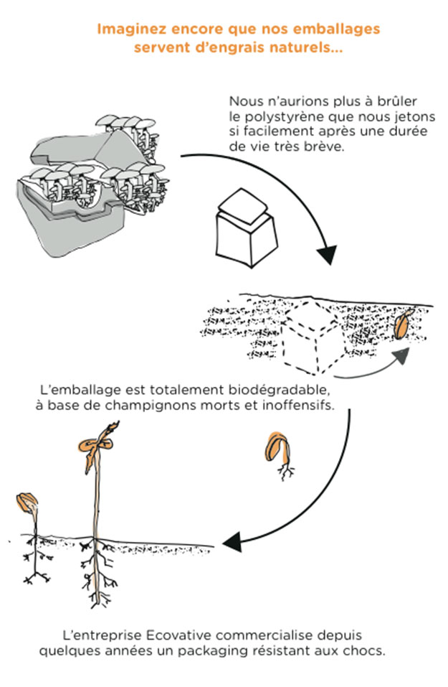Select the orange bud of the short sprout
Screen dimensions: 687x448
(x=28, y=500)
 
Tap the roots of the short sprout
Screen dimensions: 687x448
(x=32, y=560)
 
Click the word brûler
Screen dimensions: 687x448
(x=399, y=101)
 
